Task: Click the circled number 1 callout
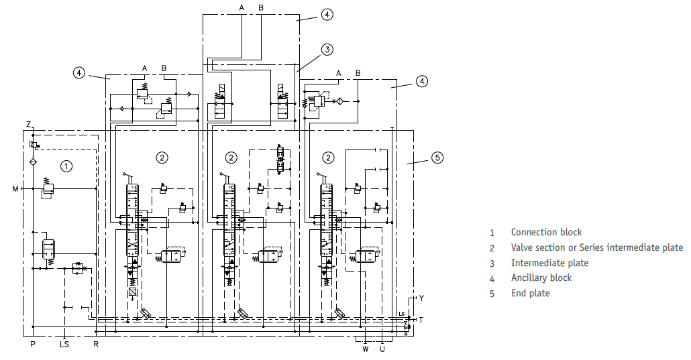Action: coord(66,166)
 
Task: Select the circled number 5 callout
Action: coord(437,158)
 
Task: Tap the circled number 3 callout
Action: coord(327,50)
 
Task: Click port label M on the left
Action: coord(15,189)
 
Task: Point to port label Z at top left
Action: coord(28,125)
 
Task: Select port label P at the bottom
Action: coord(33,344)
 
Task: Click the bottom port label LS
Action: coord(64,344)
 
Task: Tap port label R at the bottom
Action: coord(96,344)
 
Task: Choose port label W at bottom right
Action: coord(366,349)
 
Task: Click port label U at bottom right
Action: coord(382,349)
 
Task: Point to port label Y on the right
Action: coord(421,298)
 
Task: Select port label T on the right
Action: coord(421,320)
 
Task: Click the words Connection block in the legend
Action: coord(547,232)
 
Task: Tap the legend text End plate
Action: coord(531,293)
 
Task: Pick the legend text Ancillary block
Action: coord(541,278)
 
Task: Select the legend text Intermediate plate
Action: coord(549,263)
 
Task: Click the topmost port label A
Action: coord(242,7)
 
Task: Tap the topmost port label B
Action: coord(261,7)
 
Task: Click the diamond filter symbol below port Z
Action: coord(33,162)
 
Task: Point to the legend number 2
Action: coord(492,249)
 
